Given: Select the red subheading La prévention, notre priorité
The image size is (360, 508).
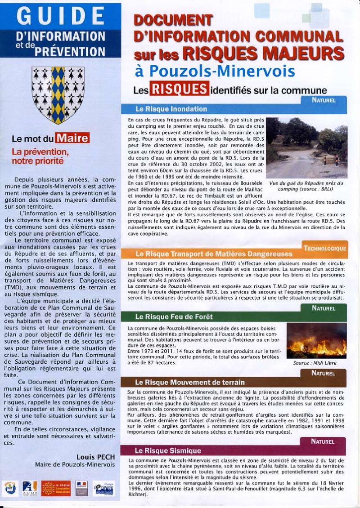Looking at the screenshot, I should (38, 155).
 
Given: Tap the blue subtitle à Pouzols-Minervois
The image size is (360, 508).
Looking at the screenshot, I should (215, 71).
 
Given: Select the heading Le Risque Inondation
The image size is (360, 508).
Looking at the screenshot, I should (171, 109).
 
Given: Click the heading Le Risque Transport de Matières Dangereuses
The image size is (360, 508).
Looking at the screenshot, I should (213, 254).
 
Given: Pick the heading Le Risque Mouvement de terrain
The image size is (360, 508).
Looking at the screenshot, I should (189, 382).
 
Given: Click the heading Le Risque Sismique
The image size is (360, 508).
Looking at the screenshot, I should (167, 450).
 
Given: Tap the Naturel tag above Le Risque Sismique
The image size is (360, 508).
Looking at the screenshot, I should (324, 441).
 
